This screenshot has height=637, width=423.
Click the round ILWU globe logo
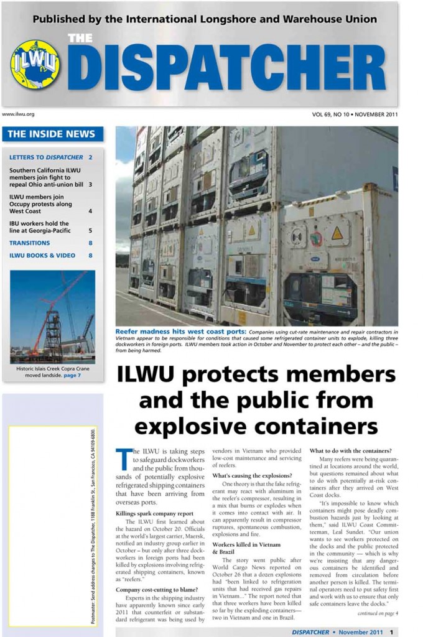click(x=35, y=64)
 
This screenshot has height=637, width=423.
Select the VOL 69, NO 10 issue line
click(x=355, y=114)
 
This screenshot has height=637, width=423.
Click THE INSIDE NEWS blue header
click(x=52, y=134)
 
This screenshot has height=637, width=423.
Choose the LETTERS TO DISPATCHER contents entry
click(x=46, y=157)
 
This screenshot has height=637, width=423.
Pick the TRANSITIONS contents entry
click(x=29, y=243)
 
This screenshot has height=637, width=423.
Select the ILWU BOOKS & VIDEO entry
click(x=42, y=255)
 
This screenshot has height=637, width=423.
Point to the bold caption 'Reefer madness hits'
click(x=180, y=331)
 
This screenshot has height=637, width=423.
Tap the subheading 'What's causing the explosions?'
click(x=248, y=476)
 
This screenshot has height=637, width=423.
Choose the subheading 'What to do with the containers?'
click(x=350, y=450)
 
